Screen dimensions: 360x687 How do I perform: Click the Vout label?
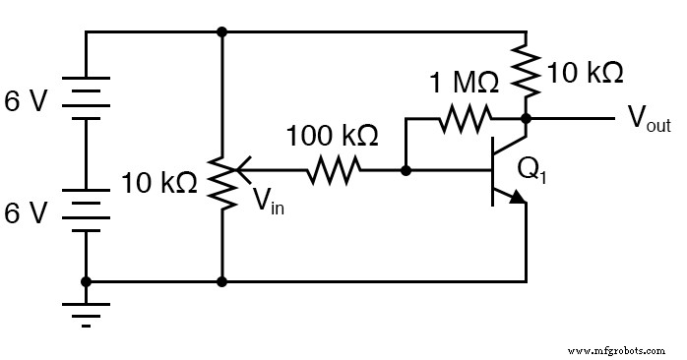[x=650, y=120]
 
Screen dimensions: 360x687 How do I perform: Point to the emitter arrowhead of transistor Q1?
[x=516, y=198]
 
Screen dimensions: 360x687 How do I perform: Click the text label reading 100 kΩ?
[x=332, y=135]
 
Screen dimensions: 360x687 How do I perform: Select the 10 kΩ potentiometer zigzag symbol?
[x=223, y=182]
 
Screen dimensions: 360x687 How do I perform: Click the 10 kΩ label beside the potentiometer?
[x=159, y=182]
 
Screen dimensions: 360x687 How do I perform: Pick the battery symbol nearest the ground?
[x=87, y=210]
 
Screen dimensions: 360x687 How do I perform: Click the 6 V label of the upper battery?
[x=27, y=101]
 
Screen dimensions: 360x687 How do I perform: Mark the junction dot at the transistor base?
[x=406, y=171]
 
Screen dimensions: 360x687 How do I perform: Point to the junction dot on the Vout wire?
[x=526, y=120]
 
